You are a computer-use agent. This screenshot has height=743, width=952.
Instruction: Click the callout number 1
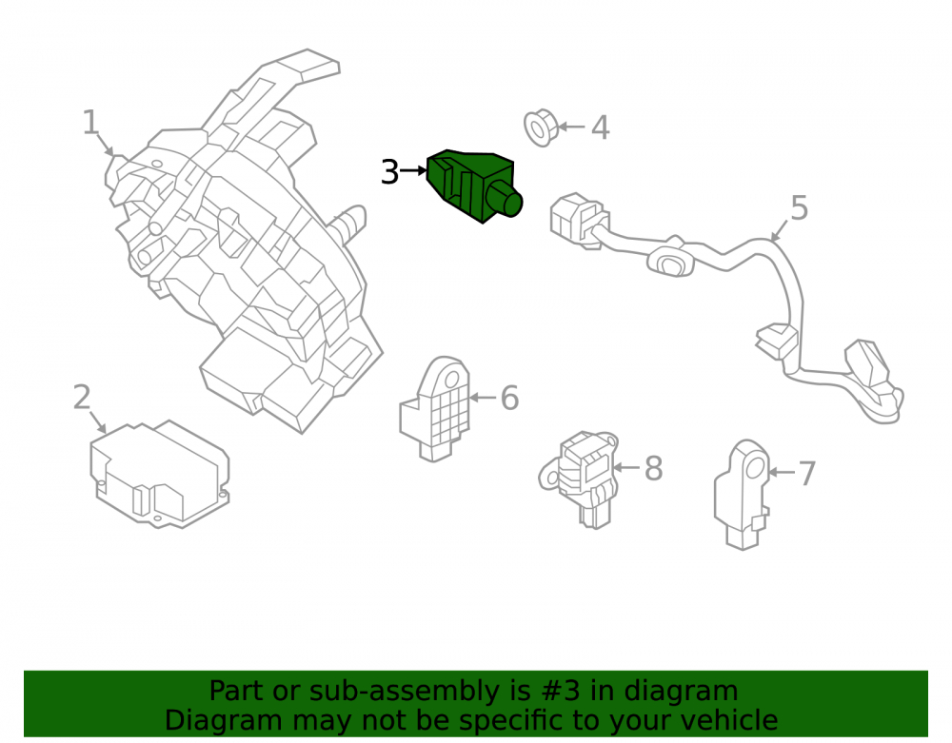click(90, 122)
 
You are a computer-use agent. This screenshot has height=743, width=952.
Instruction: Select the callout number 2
click(82, 398)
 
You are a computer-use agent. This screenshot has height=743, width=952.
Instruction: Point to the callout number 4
click(601, 127)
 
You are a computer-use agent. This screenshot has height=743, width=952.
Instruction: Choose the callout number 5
click(800, 208)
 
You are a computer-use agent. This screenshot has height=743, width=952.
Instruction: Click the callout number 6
click(509, 398)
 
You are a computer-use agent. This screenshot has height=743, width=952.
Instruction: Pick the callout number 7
click(806, 473)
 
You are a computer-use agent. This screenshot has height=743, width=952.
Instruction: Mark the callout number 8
click(653, 468)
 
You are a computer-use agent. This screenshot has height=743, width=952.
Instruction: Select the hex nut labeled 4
click(541, 128)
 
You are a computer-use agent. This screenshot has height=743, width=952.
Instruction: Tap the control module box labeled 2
click(160, 474)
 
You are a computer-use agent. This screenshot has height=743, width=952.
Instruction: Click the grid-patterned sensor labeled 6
click(435, 408)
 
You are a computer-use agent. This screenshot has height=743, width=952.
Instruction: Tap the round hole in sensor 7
click(755, 468)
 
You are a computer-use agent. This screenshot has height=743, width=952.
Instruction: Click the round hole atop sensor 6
click(452, 381)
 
